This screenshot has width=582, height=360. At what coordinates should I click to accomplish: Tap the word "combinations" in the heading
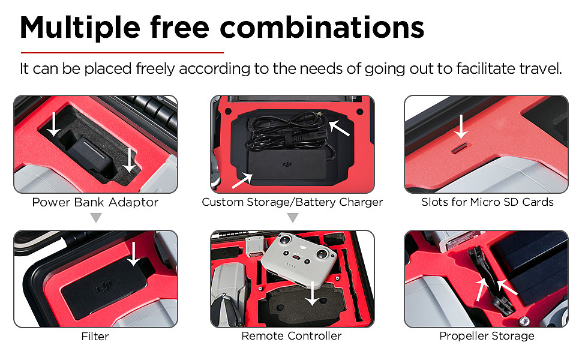point(322,27)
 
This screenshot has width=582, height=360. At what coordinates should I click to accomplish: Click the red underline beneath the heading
point(122,53)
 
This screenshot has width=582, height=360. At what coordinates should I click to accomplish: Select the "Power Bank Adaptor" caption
point(95,202)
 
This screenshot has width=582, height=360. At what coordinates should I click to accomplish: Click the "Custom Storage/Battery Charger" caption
point(292,202)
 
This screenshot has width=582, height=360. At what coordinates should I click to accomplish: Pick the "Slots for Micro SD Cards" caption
point(487,202)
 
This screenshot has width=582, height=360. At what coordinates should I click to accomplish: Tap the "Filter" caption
point(95,337)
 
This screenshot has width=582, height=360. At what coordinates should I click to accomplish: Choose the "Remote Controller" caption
point(292,336)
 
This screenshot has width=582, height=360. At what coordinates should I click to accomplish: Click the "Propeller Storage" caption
point(487,336)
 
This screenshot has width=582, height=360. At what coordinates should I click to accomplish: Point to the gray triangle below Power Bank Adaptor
point(96,217)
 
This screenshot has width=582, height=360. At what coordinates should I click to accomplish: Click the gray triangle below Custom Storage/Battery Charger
point(293,217)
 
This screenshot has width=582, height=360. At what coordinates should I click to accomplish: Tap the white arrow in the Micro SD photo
point(461,127)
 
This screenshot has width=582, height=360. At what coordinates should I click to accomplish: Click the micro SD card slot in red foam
point(462,148)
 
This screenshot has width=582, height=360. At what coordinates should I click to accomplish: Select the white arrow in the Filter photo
point(133,254)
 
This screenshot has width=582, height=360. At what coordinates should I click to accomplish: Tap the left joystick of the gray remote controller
point(285,240)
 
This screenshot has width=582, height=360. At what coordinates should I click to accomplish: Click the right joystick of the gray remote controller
point(322,254)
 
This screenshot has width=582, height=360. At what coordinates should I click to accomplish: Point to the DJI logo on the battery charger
point(287,164)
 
